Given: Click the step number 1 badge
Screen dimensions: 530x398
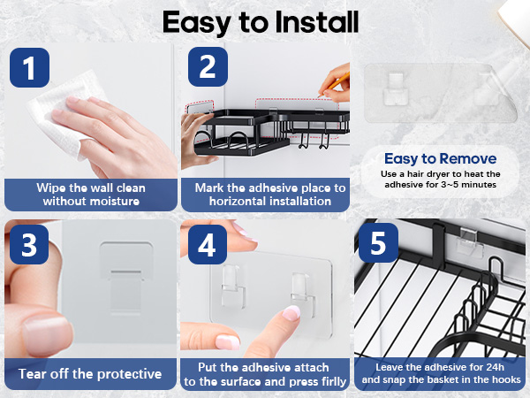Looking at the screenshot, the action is pyautogui.click(x=30, y=68).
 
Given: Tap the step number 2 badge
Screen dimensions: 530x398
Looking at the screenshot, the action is pyautogui.click(x=208, y=66).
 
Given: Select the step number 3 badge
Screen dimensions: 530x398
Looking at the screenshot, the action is pyautogui.click(x=29, y=244).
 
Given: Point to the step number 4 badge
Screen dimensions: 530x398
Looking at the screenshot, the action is pyautogui.click(x=208, y=244).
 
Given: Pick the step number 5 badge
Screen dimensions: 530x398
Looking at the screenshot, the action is pyautogui.click(x=378, y=242).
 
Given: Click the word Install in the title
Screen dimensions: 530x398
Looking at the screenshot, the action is pyautogui.click(x=317, y=22).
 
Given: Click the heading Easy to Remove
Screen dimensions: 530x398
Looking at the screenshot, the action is pyautogui.click(x=441, y=158).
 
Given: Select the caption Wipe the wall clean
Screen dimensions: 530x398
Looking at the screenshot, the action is pyautogui.click(x=91, y=188).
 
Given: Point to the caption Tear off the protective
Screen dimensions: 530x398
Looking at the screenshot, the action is pyautogui.click(x=90, y=374).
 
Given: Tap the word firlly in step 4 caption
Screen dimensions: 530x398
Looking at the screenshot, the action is pyautogui.click(x=334, y=381).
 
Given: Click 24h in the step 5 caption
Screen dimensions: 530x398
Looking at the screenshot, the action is pyautogui.click(x=496, y=367).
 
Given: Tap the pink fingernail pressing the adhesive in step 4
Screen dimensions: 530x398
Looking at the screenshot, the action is pyautogui.click(x=291, y=312).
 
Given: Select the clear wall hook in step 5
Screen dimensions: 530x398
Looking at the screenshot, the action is pyautogui.click(x=469, y=241).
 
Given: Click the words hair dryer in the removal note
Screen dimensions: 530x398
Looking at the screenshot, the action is pyautogui.click(x=430, y=174).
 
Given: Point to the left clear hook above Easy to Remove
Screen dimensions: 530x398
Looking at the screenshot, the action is pyautogui.click(x=396, y=88).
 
